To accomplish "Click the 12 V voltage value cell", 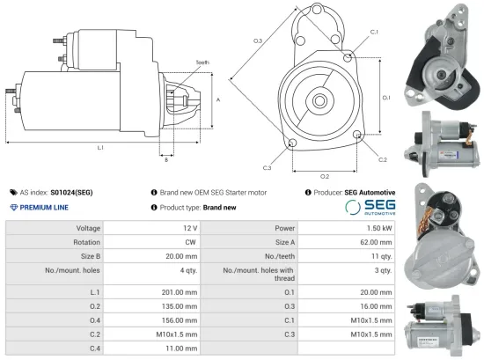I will pos(192,228).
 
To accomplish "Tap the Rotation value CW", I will pos(190,242).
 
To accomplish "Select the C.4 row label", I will pos(93,349).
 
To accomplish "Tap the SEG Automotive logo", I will pos(370,208).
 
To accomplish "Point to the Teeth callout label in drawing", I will pos(202,62).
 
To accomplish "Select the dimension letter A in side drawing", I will pos(217,100).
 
